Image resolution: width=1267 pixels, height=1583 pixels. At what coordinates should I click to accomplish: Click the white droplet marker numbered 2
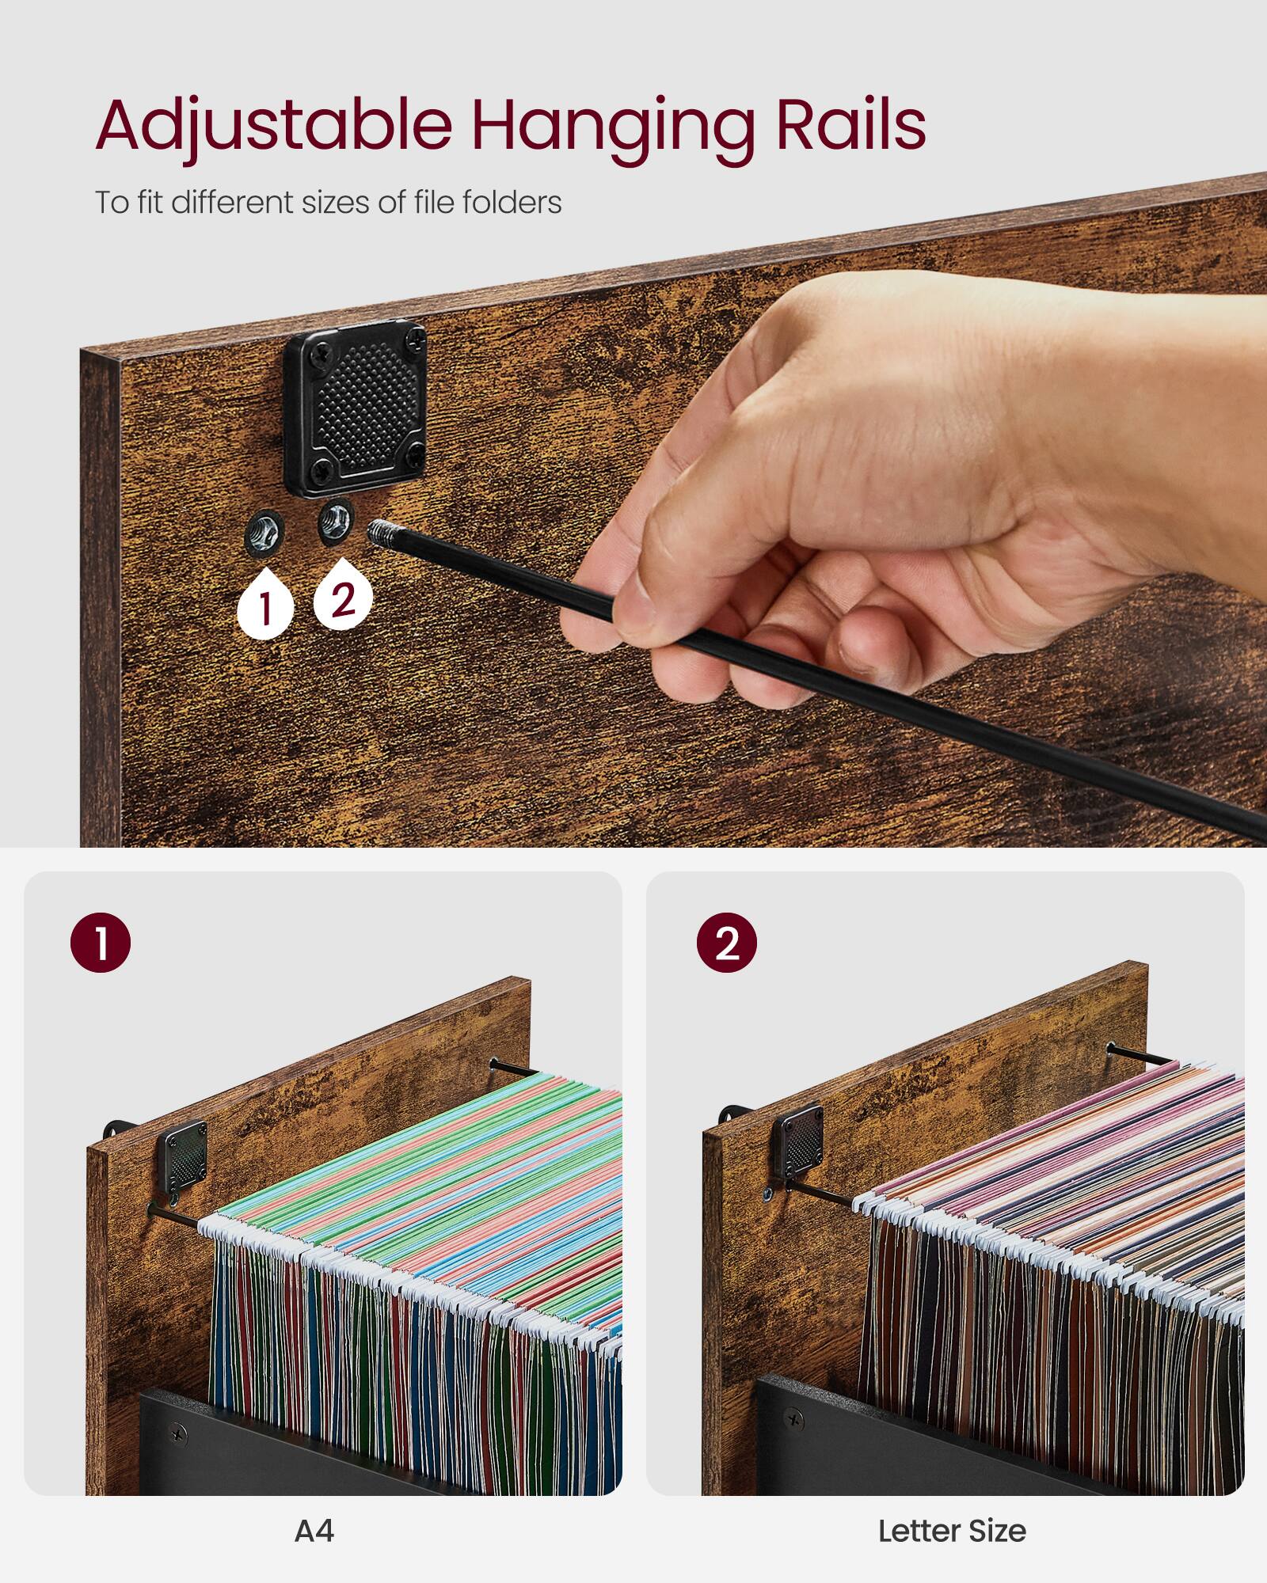[x=343, y=598]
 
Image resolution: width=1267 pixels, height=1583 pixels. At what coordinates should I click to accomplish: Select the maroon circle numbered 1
[x=101, y=943]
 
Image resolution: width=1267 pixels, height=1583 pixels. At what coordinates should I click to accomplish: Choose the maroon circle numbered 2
[x=726, y=943]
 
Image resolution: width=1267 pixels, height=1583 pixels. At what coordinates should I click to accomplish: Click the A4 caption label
[x=314, y=1532]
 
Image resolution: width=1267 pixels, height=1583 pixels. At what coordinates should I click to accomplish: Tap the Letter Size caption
[x=952, y=1532]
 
